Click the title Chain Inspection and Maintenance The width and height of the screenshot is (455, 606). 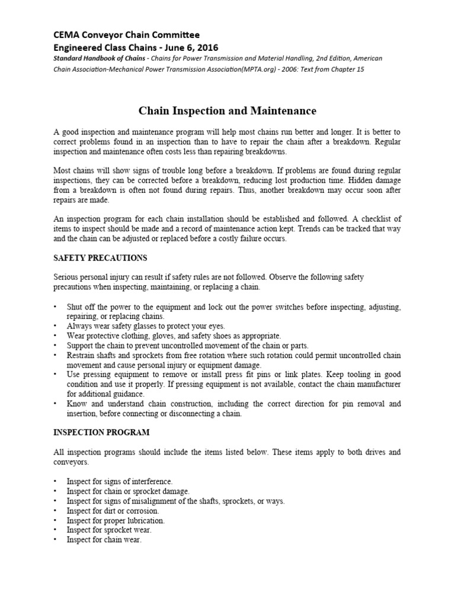227,111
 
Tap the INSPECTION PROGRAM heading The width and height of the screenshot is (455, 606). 101,433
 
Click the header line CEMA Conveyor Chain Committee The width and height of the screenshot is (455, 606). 127,35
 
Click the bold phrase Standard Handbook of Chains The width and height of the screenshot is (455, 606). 104,59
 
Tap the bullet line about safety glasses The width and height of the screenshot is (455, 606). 146,326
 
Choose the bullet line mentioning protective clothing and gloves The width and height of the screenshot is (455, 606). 174,336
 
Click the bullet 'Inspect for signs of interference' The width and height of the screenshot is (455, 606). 120,482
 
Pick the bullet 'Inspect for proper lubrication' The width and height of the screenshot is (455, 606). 116,520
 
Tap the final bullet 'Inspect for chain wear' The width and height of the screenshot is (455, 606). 104,540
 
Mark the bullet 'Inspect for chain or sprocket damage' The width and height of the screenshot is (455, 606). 128,491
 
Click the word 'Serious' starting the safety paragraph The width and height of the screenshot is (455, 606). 65,277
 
